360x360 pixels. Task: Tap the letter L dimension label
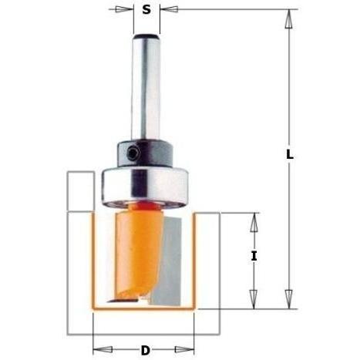[x=289, y=154]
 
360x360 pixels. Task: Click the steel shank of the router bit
[x=146, y=85]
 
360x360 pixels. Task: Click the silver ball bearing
[x=146, y=183]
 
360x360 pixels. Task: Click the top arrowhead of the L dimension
[x=289, y=17]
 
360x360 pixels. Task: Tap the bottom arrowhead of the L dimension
[x=289, y=301]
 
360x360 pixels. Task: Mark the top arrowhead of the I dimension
[x=254, y=220]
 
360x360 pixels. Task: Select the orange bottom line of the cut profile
[x=146, y=308]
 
